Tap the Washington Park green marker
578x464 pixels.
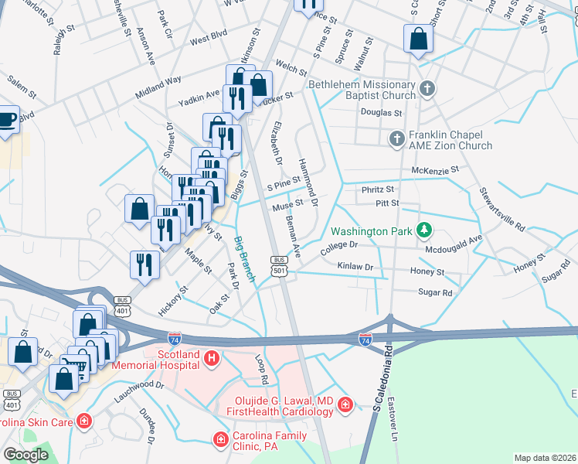click(x=423, y=230)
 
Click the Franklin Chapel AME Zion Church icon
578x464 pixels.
click(x=396, y=139)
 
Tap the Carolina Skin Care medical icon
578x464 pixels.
click(x=83, y=422)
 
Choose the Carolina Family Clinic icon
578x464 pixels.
click(x=221, y=439)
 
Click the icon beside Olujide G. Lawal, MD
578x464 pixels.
click(x=345, y=405)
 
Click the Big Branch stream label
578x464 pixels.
click(x=243, y=258)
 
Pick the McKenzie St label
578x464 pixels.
click(x=436, y=169)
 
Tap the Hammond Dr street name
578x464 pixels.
click(x=308, y=177)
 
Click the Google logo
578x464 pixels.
click(x=26, y=455)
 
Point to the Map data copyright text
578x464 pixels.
click(x=545, y=458)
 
